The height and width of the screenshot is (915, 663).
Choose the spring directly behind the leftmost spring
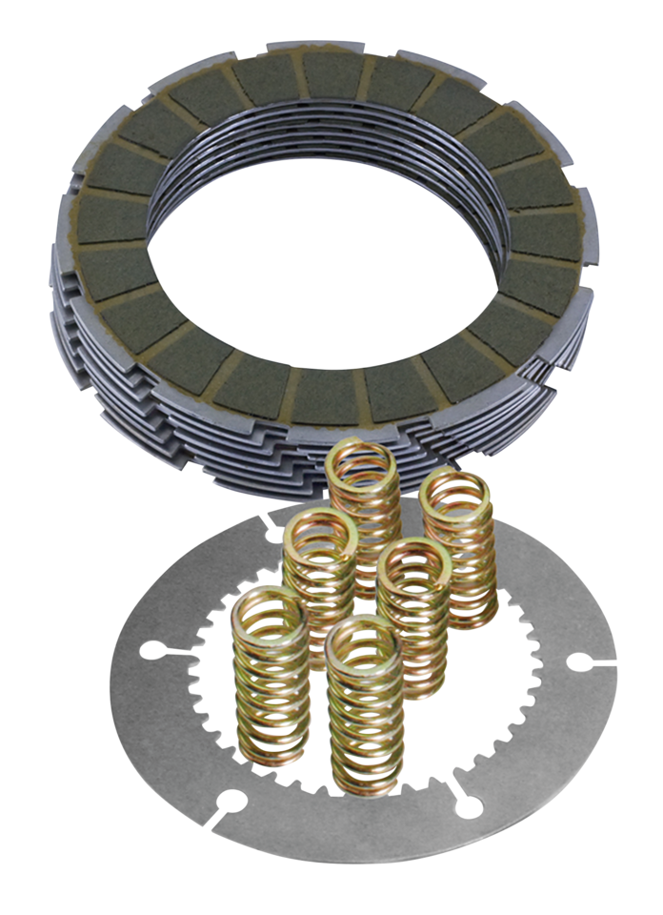click(x=319, y=581)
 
